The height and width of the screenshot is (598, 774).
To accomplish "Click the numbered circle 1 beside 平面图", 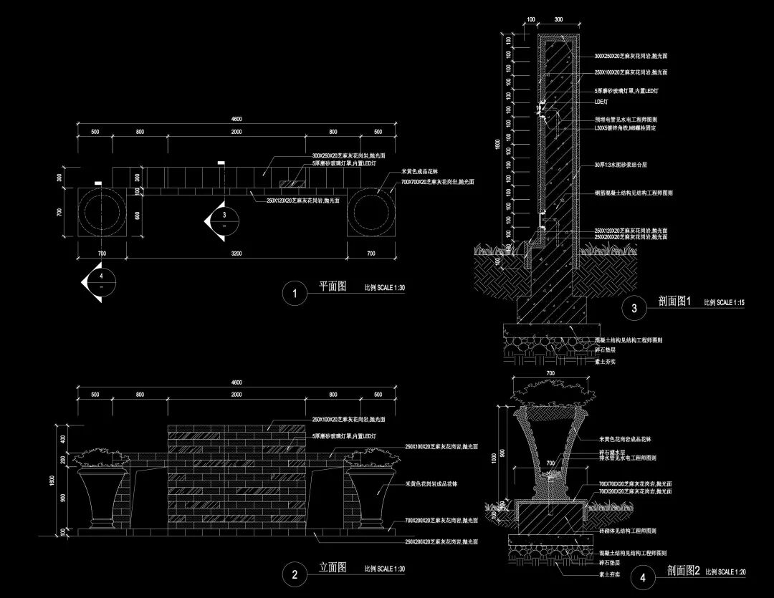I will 293,294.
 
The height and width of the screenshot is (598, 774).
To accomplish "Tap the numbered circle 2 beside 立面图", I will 293,574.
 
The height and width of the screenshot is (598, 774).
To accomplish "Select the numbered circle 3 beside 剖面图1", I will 634,309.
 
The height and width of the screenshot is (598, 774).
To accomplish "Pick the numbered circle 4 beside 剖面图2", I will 641,577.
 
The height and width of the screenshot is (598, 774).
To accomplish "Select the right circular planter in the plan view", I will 371,213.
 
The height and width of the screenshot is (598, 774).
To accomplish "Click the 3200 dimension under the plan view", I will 236,254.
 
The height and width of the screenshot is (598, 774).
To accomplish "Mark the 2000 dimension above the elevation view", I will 236,395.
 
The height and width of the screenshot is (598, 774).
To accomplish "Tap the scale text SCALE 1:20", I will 732,572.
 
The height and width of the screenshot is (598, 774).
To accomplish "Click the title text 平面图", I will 333,286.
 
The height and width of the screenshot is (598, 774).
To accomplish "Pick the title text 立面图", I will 333,567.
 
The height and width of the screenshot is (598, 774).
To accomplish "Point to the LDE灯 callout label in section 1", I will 601,102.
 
